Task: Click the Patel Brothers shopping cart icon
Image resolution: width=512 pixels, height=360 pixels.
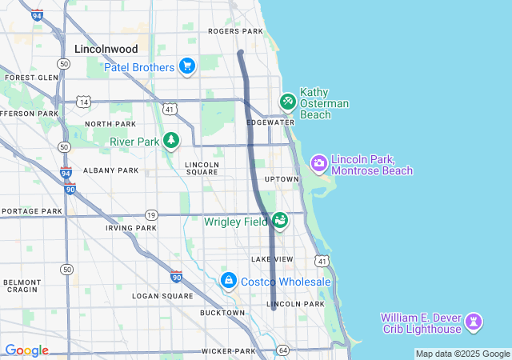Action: (x=187, y=66)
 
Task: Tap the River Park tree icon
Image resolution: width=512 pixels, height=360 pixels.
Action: (x=171, y=142)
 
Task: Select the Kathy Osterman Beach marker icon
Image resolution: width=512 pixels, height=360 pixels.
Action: (x=287, y=102)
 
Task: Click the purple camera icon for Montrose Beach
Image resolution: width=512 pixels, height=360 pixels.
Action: (x=318, y=163)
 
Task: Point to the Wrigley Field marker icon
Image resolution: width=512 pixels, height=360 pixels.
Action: (x=279, y=220)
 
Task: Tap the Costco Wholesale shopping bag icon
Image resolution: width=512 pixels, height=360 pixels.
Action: (x=229, y=281)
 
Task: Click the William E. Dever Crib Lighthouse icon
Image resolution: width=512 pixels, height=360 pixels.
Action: (x=474, y=322)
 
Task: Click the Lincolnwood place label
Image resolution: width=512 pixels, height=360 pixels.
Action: (x=106, y=49)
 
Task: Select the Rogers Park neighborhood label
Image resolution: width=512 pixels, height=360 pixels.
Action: (x=235, y=31)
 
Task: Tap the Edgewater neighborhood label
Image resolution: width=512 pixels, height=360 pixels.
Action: (x=265, y=122)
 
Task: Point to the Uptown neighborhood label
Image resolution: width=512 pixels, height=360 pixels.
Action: (x=282, y=179)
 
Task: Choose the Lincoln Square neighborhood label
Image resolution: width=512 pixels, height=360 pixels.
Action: (x=202, y=168)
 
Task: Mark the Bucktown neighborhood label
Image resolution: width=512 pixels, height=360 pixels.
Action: (x=222, y=313)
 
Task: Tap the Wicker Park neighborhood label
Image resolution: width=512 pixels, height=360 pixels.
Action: (x=228, y=351)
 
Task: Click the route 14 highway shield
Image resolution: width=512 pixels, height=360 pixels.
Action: (x=82, y=101)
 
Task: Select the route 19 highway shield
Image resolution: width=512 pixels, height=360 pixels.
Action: (x=151, y=214)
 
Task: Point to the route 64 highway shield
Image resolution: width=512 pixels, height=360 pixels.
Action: (x=282, y=350)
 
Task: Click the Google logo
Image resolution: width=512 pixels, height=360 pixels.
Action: (x=26, y=350)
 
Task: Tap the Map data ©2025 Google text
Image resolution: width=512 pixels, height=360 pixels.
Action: (x=462, y=354)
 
